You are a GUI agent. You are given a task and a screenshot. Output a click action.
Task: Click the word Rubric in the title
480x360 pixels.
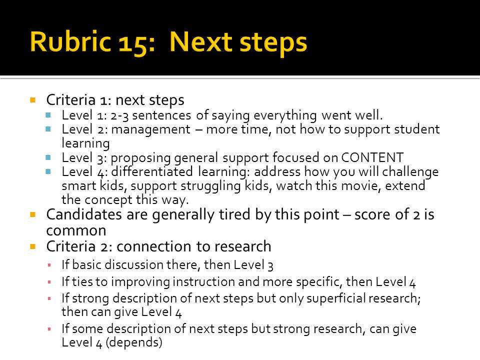(70, 41)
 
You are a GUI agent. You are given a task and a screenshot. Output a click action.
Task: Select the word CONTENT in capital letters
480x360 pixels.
(372, 157)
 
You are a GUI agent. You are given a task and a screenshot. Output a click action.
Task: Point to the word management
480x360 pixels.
(150, 129)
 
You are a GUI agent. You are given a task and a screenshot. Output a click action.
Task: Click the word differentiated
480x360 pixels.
(152, 171)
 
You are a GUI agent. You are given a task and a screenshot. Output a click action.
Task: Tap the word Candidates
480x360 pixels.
(84, 214)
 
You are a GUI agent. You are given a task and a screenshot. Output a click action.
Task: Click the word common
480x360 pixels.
(76, 231)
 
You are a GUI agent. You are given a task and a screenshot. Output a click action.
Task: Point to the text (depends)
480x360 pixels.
(134, 342)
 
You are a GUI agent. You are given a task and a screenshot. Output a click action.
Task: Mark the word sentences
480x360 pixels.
(161, 115)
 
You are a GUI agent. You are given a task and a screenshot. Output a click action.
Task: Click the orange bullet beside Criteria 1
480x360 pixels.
(33, 100)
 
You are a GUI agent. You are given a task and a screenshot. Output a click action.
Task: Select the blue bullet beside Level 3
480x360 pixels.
(48, 157)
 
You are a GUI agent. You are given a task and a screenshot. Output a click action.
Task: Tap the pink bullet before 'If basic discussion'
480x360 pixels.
(49, 265)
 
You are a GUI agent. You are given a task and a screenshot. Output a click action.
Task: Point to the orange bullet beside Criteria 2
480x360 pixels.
(33, 246)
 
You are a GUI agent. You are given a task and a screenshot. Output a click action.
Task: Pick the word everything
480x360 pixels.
(284, 115)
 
